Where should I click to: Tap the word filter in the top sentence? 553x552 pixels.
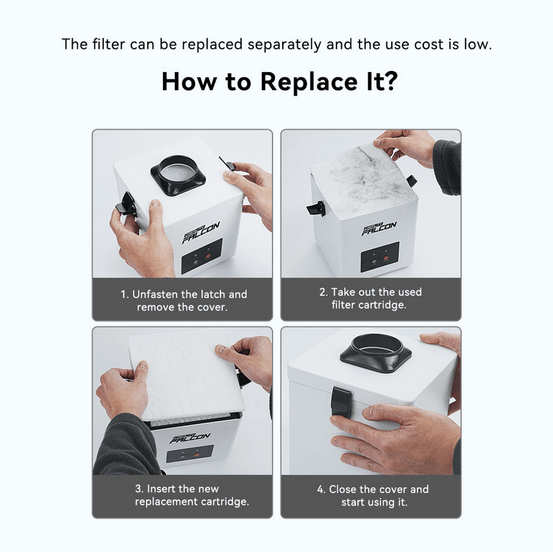(108, 45)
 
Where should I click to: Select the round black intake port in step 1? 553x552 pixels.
(178, 174)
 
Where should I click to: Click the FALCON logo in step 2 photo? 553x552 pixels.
(379, 228)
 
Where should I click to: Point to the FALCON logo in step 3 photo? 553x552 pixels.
(189, 438)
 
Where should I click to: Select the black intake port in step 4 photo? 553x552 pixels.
(376, 352)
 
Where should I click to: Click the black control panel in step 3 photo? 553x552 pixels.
(189, 453)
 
